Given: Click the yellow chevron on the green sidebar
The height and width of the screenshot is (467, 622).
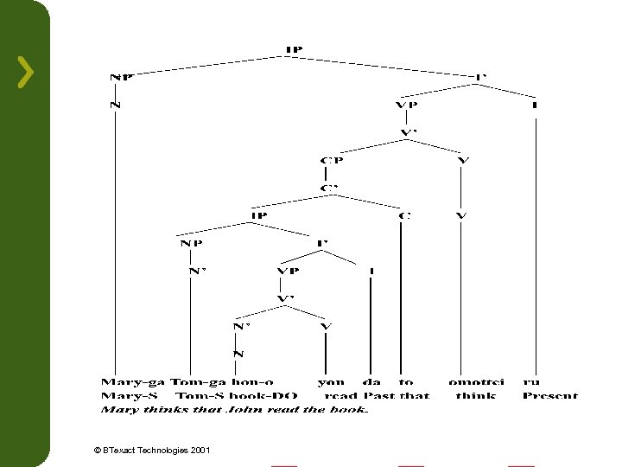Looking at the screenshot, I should coord(26,72).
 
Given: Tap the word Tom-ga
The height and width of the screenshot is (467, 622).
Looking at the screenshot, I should coord(199,381).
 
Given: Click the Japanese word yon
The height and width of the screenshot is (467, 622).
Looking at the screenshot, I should coord(331,381).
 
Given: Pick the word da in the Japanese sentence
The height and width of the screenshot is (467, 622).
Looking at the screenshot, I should coord(371,381).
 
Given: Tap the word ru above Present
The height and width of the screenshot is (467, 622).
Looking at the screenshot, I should coord(531,381).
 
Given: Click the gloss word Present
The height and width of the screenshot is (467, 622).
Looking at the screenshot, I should coord(549,395).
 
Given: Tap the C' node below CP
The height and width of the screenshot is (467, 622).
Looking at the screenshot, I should coord(329,187).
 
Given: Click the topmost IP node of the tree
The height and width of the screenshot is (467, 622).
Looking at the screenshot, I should coord(294,49).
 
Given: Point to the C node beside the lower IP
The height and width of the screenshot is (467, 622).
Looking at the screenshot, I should coord(402,214).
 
